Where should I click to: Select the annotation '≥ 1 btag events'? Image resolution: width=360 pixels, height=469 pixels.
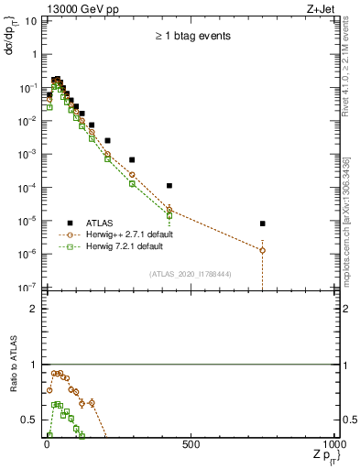coord(191,36)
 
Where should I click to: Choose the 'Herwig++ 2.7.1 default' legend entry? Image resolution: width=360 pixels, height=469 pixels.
coord(136,234)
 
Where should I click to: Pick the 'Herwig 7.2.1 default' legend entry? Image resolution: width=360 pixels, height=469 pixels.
coord(133,246)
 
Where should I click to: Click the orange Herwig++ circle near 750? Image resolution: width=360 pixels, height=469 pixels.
coord(263,250)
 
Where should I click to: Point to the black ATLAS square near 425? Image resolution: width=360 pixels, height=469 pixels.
coord(169,186)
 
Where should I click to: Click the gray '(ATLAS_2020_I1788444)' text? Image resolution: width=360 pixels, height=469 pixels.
coord(189,274)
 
